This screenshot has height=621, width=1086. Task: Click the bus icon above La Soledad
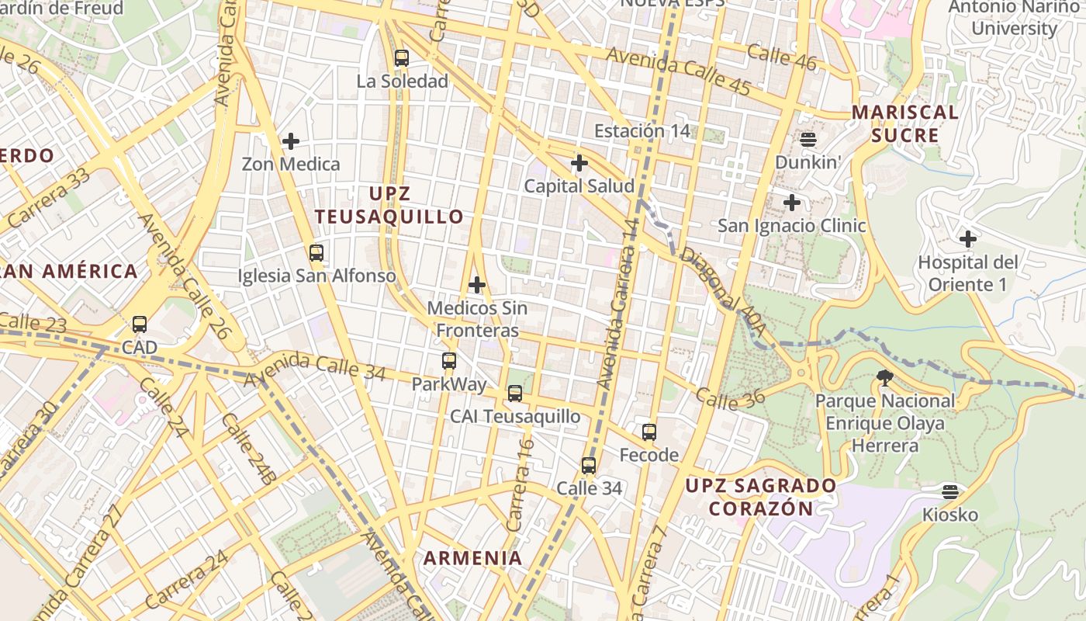[401, 57]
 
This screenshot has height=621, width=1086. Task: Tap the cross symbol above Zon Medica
[291, 141]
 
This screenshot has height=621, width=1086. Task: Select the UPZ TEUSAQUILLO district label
[389, 205]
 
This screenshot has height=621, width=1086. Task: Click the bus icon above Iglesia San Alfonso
[316, 252]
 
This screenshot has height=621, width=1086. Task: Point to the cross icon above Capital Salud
[579, 163]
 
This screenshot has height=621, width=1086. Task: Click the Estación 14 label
[642, 130]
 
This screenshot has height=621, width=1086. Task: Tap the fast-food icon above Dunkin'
[808, 140]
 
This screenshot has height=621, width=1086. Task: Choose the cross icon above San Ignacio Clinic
[791, 203]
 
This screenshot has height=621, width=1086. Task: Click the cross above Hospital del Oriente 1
[967, 238]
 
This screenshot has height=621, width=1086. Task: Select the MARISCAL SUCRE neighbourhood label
[905, 123]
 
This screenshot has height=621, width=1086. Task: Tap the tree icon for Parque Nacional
[884, 378]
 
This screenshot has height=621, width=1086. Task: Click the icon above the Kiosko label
[949, 491]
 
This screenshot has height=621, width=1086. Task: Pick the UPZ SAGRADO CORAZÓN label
[761, 498]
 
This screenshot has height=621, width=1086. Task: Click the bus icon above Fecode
[649, 432]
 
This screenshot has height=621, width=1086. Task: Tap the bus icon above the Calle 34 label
[589, 466]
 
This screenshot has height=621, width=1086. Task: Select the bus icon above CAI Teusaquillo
[515, 394]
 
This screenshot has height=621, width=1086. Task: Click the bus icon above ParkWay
[449, 360]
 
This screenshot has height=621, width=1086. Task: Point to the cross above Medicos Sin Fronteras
[477, 285]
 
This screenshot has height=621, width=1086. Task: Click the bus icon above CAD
[140, 324]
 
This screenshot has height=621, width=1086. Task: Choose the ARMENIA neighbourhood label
[472, 557]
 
